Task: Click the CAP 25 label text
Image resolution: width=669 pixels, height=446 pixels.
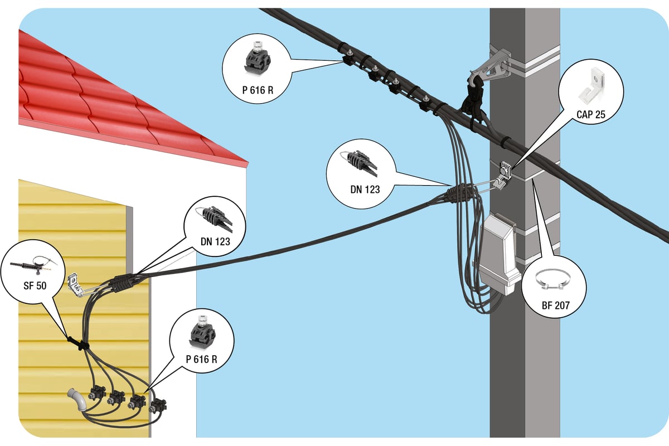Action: point(591,114)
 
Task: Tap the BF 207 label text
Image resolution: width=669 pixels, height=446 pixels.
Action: point(555,306)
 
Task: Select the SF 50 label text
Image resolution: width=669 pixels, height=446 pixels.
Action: point(35,285)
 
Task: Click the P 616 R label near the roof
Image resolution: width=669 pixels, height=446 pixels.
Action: point(258,90)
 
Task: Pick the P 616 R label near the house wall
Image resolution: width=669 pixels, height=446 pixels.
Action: point(202,359)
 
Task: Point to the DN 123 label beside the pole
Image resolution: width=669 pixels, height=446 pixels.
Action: point(365,190)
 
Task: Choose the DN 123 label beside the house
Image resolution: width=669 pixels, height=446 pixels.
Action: point(215,241)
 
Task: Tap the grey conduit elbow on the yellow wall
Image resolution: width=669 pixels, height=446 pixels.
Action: point(77,400)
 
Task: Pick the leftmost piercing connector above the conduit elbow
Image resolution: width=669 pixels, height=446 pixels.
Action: point(97,393)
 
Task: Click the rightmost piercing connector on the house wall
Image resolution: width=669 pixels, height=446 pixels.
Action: point(158,406)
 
